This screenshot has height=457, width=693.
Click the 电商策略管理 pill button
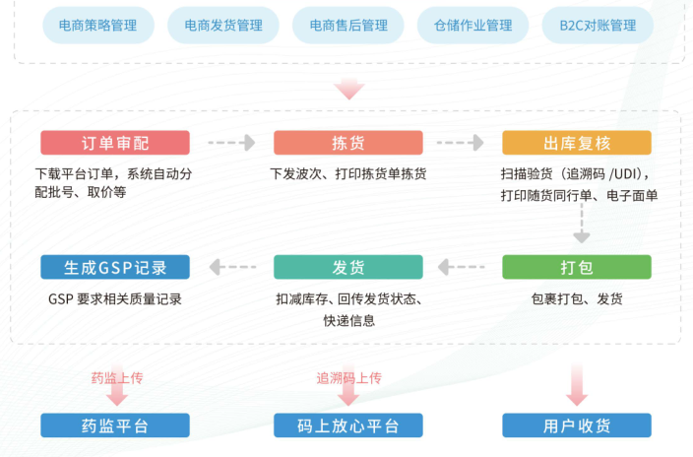(98, 26)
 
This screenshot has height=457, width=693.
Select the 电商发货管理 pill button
(223, 26)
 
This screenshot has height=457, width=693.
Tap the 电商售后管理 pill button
(348, 26)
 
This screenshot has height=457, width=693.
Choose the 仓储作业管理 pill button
(472, 26)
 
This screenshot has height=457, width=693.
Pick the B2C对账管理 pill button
(598, 26)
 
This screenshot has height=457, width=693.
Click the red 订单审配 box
(114, 143)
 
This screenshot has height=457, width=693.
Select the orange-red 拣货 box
(347, 143)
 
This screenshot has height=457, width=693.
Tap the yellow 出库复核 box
(577, 143)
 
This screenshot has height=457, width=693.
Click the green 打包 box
(577, 267)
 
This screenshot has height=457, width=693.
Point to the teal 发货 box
(347, 267)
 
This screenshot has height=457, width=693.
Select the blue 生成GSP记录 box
(115, 267)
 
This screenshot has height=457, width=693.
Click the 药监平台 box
(115, 425)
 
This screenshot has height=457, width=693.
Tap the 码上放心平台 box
(347, 425)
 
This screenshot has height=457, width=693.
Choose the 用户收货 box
(577, 425)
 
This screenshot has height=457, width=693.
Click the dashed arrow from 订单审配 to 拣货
(231, 143)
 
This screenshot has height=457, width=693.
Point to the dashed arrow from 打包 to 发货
(462, 267)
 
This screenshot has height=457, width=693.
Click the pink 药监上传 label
(117, 377)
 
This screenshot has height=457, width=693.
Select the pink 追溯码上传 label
(348, 377)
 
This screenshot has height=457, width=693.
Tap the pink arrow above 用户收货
(577, 385)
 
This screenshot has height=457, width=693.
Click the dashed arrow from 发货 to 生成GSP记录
(231, 267)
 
